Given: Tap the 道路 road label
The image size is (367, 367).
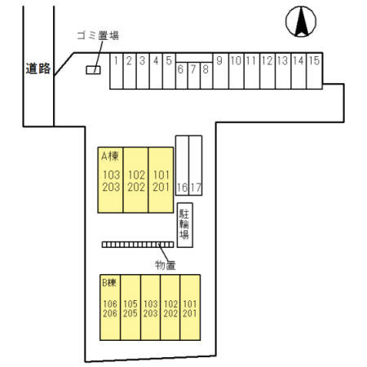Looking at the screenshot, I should point(38,69).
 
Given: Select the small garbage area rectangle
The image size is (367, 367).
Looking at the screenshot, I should point(93,70).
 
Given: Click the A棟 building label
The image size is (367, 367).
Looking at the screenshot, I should point(110,155).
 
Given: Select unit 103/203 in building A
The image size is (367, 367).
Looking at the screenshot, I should point(111,180).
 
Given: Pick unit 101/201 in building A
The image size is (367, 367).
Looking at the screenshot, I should point(161,180).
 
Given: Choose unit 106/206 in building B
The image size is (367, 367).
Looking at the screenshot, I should point(110,308).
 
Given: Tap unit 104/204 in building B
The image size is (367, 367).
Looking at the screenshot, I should point(150,308).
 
